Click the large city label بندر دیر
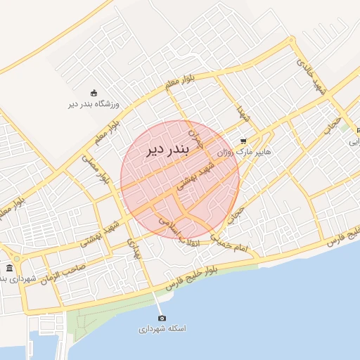[x=165, y=150]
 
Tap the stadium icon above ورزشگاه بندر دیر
[x=94, y=93]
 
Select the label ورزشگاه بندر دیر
[x=94, y=105]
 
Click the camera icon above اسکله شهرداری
[x=162, y=318]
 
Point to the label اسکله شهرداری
[x=162, y=328]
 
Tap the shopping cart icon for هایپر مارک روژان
[x=244, y=140]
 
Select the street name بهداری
[x=135, y=248]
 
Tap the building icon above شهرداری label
[x=9, y=268]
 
